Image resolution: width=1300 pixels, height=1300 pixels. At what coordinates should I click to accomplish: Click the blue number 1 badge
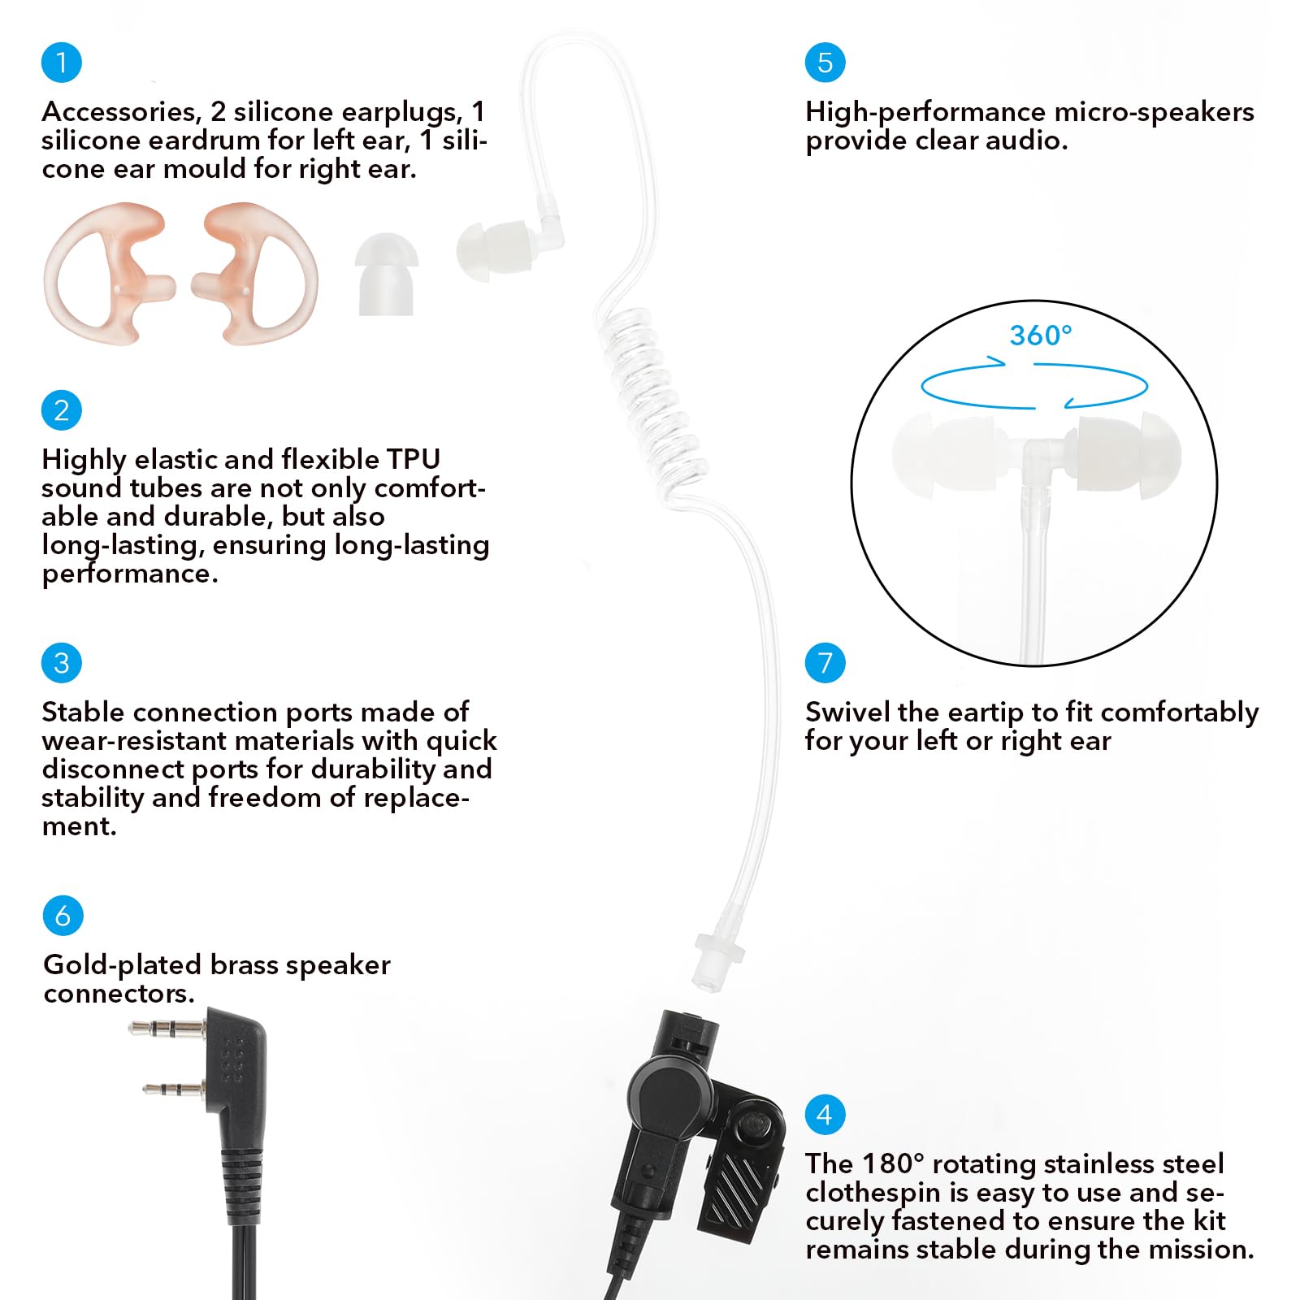click(62, 63)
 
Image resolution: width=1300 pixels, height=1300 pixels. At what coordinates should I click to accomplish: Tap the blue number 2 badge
click(62, 410)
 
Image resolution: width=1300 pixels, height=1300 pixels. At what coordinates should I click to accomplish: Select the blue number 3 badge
click(62, 663)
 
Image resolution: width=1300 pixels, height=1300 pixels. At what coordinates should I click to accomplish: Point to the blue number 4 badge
click(825, 1115)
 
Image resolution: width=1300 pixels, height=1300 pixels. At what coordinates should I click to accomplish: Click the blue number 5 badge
click(825, 63)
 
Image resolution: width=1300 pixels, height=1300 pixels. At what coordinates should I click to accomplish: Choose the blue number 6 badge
click(63, 916)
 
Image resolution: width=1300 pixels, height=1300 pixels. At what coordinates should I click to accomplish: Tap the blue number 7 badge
click(825, 663)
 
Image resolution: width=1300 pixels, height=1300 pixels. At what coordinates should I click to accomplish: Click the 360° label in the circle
click(1040, 336)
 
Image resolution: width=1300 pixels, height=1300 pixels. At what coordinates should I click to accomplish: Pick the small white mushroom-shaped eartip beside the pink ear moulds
click(386, 272)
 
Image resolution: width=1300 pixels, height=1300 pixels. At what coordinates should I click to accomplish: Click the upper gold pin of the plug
click(167, 1029)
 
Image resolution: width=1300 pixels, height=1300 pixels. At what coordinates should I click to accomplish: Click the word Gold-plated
click(123, 965)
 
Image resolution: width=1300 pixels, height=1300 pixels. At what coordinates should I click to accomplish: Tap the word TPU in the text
click(414, 460)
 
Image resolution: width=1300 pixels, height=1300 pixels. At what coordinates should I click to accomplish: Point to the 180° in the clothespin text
click(893, 1164)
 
